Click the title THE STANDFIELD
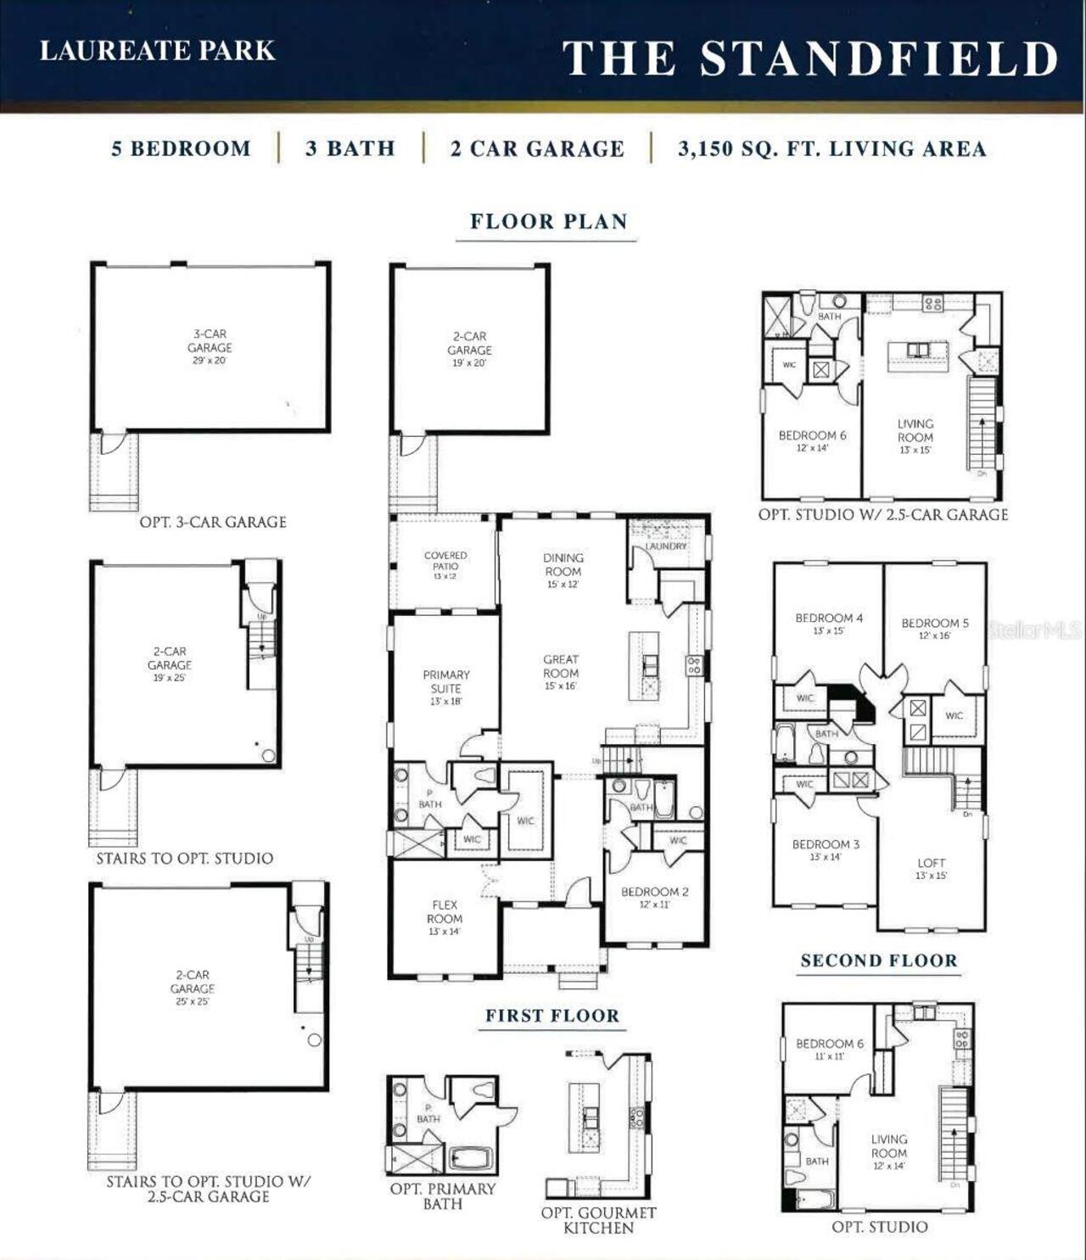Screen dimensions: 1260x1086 pos(810,59)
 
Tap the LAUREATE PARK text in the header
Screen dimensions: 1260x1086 pos(158,51)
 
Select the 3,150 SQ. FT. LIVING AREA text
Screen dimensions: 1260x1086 pos(831,149)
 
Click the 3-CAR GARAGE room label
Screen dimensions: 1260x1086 pos(210,341)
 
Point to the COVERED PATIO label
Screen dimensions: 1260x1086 pos(445,561)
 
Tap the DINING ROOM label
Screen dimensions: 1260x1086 pos(563,564)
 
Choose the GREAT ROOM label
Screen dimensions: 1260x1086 pos(561,666)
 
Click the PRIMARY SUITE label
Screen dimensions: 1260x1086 pos(446,681)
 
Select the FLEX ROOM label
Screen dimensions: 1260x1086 pos(445,912)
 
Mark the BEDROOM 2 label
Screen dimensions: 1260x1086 pos(654,892)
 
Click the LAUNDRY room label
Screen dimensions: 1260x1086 pos(666,546)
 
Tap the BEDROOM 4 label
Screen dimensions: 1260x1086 pos(829,618)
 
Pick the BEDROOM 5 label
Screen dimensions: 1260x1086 pos(934,623)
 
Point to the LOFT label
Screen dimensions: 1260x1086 pos(931,863)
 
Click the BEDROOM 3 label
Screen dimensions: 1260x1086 pos(826,844)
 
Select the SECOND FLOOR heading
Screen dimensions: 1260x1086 pos(879,960)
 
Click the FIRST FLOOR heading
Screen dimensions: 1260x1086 pos(552,1016)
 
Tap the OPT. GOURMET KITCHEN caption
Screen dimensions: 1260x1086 pos(598,1220)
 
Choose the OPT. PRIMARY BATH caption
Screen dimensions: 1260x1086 pos(443,1196)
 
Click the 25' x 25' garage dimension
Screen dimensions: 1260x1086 pos(193,1001)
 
